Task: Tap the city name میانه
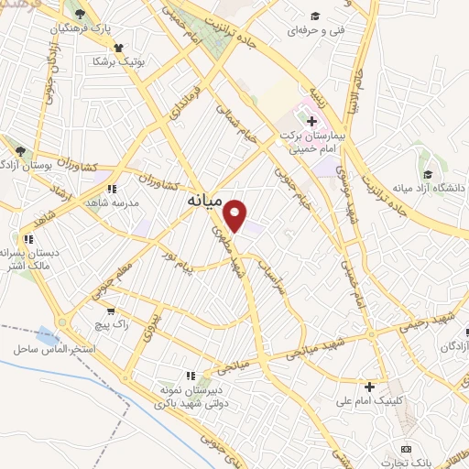pyautogui.click(x=203, y=199)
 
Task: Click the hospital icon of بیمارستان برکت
pyautogui.click(x=311, y=120)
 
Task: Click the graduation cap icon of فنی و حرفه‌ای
pyautogui.click(x=315, y=16)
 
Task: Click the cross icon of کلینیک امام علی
pyautogui.click(x=369, y=386)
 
